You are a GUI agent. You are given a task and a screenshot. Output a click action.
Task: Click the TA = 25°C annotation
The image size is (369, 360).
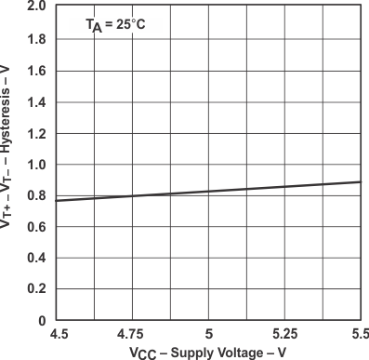pyautogui.click(x=116, y=26)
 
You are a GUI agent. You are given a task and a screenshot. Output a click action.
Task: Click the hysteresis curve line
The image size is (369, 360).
pyautogui.click(x=208, y=191)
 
